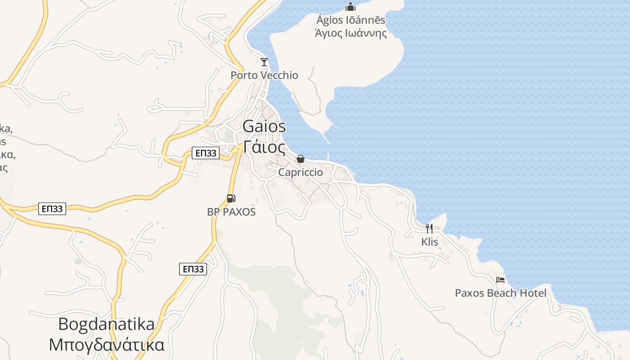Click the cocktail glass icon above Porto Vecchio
264,62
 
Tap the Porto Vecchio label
264,75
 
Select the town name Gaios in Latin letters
264,126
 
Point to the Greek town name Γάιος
264,147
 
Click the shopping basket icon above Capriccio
301,159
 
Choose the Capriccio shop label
301,172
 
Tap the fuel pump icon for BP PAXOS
231,198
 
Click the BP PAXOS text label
231,212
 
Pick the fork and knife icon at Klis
429,229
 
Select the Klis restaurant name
429,242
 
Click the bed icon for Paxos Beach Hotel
500,280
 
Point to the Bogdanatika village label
106,324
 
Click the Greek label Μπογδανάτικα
106,345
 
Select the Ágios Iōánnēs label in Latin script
351,20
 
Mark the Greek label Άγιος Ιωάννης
351,33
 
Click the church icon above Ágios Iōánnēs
351,7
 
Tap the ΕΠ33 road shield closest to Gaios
206,153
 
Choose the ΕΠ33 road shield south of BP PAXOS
193,269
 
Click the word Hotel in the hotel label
533,293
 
